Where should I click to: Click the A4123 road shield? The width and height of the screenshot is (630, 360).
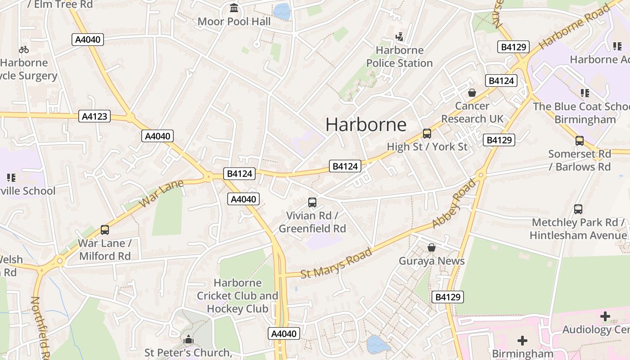[x=95, y=116]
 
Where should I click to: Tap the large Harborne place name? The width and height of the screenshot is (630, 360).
[x=366, y=124]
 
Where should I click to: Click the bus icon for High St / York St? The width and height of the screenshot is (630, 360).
[x=427, y=134]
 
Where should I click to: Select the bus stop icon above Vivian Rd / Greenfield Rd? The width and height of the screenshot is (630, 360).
[x=312, y=202]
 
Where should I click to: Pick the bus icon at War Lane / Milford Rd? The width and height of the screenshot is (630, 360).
[x=104, y=230]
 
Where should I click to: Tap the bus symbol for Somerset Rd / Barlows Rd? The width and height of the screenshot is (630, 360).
[x=579, y=140]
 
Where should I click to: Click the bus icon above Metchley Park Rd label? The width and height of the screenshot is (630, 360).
[x=578, y=209]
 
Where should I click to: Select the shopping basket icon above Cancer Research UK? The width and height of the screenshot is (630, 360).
[x=472, y=93]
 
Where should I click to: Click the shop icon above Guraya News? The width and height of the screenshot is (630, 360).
[x=431, y=247]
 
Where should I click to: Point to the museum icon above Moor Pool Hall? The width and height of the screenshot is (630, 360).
[x=234, y=8]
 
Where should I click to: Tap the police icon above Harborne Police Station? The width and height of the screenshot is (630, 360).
[x=399, y=36]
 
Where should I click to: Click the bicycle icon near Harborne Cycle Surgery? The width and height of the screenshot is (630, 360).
[x=24, y=49]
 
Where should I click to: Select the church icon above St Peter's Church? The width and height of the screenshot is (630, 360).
[x=188, y=339]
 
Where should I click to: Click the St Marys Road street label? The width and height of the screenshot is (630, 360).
[x=336, y=262]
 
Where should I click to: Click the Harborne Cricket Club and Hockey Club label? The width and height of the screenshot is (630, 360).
[x=238, y=296]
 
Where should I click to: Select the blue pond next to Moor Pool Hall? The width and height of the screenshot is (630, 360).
[x=282, y=11]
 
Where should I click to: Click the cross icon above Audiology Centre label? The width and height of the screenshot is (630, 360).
[x=605, y=316]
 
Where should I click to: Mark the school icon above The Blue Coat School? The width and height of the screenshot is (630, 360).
[x=585, y=93]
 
